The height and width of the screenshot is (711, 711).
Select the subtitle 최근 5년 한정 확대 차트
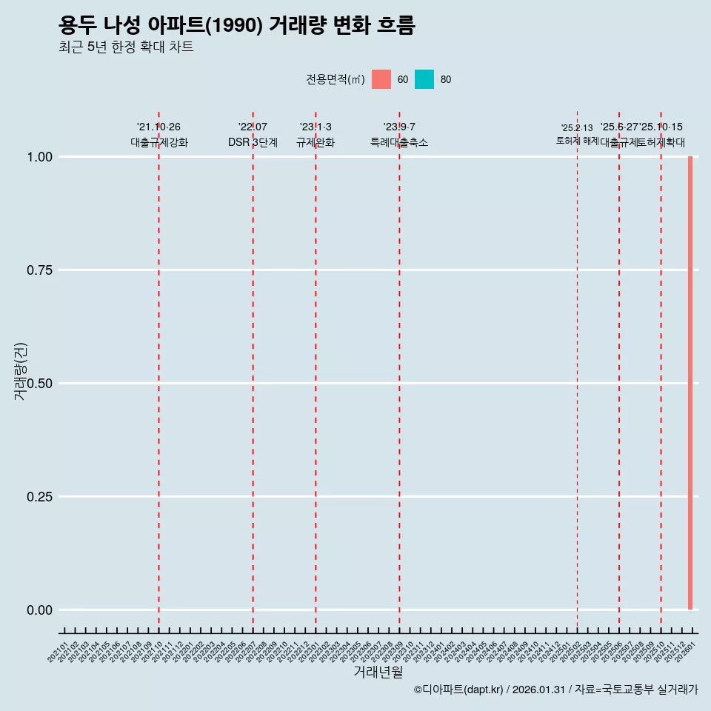pyautogui.click(x=126, y=47)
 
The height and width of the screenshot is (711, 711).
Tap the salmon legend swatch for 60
pyautogui.click(x=381, y=79)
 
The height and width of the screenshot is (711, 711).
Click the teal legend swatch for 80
pyautogui.click(x=424, y=79)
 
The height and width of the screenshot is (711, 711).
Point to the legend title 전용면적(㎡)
pyautogui.click(x=335, y=79)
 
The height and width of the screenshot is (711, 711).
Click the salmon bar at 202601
pyautogui.click(x=690, y=383)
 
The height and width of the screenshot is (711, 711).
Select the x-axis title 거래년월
pyautogui.click(x=378, y=672)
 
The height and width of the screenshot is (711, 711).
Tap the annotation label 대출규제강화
pyautogui.click(x=159, y=142)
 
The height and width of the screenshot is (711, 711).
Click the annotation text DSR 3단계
pyautogui.click(x=253, y=142)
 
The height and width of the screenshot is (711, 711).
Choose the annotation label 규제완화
pyautogui.click(x=316, y=142)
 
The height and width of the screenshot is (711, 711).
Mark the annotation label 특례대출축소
pyautogui.click(x=399, y=142)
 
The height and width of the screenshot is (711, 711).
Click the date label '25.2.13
pyautogui.click(x=577, y=128)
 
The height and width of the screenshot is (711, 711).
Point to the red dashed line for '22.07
pyautogui.click(x=253, y=370)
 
